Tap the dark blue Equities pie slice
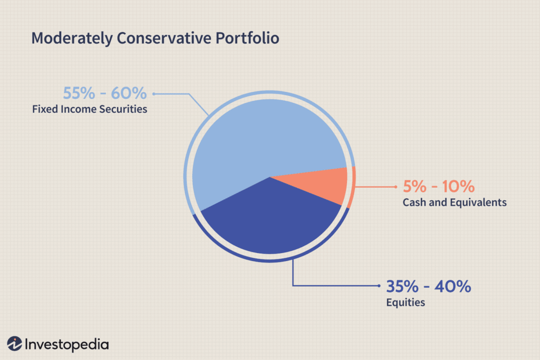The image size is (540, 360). [269, 221]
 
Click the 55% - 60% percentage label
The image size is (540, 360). [104, 94]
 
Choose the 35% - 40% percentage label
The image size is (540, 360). [428, 287]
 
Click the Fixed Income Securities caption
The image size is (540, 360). [89, 110]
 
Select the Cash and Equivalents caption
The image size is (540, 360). [455, 202]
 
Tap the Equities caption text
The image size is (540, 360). [406, 303]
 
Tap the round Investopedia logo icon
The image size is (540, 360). [15, 344]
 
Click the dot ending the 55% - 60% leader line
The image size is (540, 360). [153, 94]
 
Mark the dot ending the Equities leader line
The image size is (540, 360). [379, 286]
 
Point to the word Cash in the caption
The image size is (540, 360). [413, 202]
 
